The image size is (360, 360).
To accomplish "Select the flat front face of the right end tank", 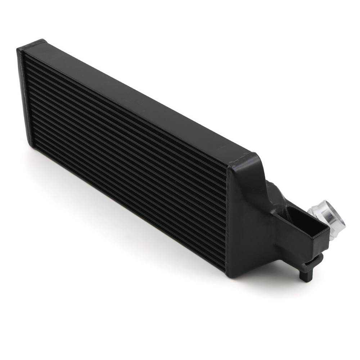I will coord(248,223).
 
